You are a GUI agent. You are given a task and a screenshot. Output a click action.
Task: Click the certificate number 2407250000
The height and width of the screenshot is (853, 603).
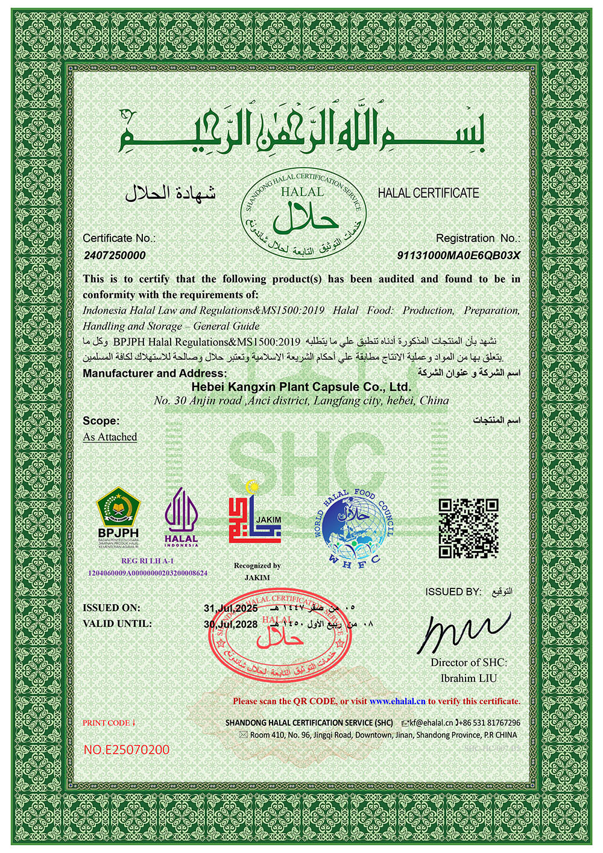[x=115, y=256]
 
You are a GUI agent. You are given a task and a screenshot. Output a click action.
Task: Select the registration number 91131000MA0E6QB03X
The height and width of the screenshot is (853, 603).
[x=458, y=256]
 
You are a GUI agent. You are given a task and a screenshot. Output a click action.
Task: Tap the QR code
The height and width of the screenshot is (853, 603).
[x=468, y=528]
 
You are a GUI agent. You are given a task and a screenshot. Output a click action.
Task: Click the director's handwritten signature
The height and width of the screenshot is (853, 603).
[x=464, y=632]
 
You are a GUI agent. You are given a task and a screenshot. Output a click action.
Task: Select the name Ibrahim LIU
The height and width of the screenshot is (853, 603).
[x=469, y=678]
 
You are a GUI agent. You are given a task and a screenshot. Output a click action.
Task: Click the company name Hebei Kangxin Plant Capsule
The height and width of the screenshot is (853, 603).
[x=301, y=387]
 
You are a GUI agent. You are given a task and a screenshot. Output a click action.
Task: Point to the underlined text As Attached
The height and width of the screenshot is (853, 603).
[x=110, y=437]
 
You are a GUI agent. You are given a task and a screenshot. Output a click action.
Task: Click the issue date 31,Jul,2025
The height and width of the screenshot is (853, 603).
[x=230, y=608]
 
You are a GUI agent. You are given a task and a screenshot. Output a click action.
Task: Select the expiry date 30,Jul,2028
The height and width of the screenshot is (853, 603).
[x=230, y=625]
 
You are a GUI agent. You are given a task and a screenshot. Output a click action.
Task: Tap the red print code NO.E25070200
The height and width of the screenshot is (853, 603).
[x=127, y=750]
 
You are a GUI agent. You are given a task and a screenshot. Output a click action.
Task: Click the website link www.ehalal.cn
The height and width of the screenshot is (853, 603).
[x=397, y=701]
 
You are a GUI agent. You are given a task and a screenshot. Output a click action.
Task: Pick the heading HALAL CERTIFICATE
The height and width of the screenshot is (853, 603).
[x=428, y=194]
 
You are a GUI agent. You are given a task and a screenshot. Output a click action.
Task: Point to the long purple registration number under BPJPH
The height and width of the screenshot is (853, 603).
[x=148, y=573]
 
